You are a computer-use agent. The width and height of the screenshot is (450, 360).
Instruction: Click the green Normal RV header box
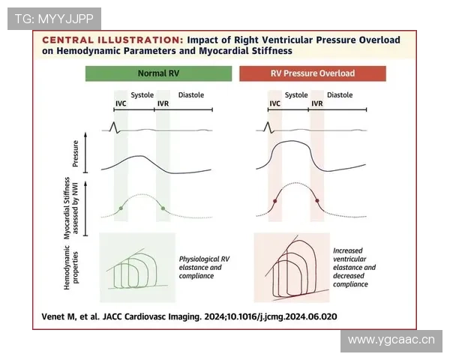click(x=158, y=73)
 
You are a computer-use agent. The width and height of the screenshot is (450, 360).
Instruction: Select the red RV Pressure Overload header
click(x=313, y=73)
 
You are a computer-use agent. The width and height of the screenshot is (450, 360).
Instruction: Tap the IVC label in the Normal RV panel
click(x=121, y=103)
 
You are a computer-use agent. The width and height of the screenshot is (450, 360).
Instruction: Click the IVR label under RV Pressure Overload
click(x=317, y=103)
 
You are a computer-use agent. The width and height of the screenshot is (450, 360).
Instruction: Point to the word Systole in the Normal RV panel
click(x=142, y=94)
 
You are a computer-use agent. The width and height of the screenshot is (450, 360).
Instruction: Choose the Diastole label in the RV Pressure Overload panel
click(x=340, y=94)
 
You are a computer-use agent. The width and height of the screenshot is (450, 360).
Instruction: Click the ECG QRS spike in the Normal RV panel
click(x=115, y=127)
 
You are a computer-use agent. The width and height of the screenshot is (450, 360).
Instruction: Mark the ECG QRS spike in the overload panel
click(x=268, y=127)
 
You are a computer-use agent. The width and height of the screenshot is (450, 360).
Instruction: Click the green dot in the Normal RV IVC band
click(x=121, y=208)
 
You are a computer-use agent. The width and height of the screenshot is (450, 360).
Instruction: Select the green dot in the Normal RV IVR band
click(x=163, y=208)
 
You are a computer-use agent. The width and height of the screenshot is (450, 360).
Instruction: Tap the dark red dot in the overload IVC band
click(x=274, y=201)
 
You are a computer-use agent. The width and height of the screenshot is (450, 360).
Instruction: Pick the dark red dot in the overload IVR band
click(x=317, y=201)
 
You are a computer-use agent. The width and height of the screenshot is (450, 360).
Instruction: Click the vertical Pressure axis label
click(x=76, y=154)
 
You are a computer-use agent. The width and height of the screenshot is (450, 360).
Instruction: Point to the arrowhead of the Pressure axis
click(x=85, y=134)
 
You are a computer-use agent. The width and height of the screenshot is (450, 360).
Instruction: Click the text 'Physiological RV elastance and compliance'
click(x=204, y=267)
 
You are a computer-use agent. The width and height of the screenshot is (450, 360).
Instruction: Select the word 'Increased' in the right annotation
click(x=348, y=250)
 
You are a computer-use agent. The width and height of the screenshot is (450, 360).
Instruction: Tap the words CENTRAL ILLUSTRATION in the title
click(x=112, y=40)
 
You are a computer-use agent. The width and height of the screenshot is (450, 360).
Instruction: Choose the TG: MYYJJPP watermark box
click(x=54, y=19)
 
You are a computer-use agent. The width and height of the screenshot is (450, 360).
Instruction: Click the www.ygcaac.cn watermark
click(x=391, y=340)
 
